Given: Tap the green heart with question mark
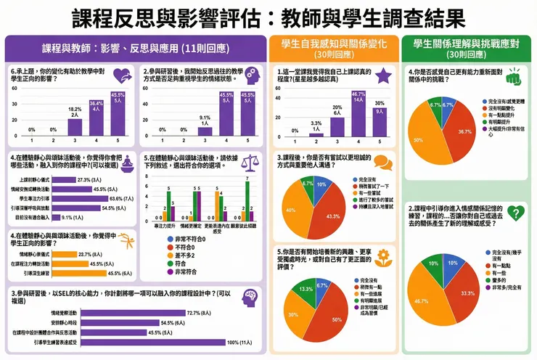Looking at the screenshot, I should coord(515,213).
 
